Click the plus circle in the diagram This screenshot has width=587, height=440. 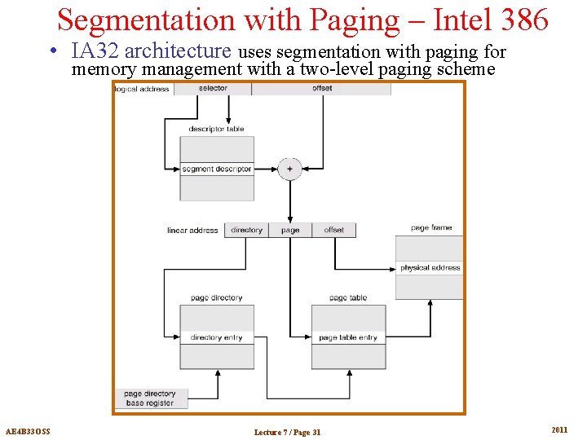(289, 169)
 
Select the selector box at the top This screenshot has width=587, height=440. (213, 89)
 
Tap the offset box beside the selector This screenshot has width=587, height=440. (321, 89)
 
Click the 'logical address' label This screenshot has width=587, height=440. (143, 89)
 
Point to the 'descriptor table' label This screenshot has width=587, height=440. (216, 129)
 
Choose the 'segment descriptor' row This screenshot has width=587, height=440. (217, 169)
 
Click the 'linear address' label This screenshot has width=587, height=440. (192, 231)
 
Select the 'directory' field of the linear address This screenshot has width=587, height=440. (246, 231)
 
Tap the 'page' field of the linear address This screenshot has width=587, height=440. (290, 231)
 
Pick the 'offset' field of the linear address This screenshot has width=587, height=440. (334, 231)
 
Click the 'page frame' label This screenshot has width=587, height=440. (431, 228)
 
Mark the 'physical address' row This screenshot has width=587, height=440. (430, 267)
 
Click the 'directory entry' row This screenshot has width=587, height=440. (216, 337)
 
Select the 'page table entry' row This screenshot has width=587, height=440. (348, 337)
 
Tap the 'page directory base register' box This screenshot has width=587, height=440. (150, 398)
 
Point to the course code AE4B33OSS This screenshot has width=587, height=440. (28, 431)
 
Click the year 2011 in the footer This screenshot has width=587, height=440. (559, 430)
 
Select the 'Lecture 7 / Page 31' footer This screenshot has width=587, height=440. (287, 432)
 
